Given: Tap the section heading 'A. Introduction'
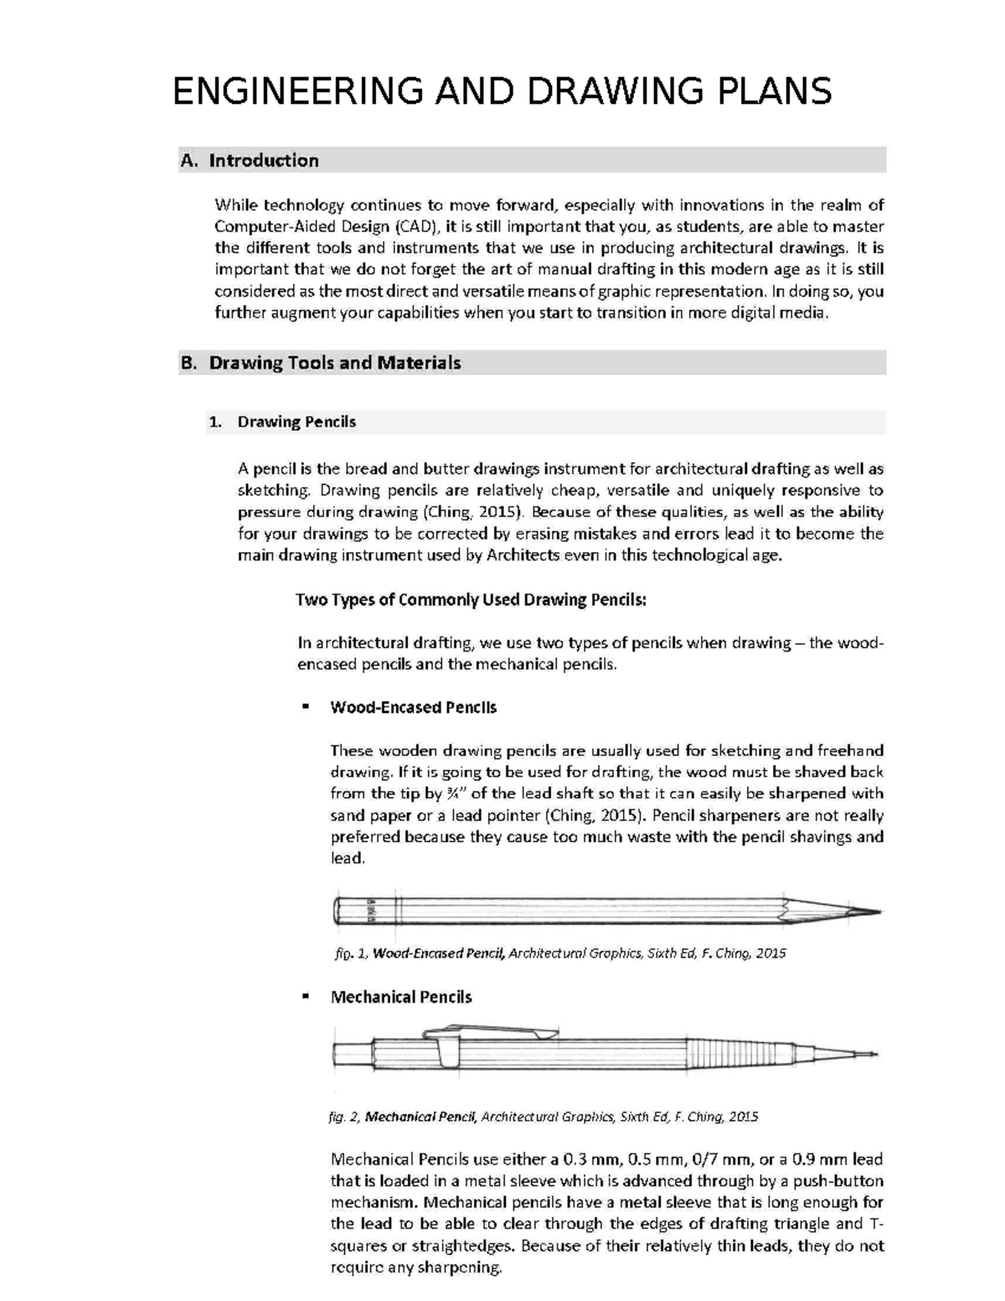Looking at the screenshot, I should [250, 160].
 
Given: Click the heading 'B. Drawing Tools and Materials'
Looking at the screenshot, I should [321, 363].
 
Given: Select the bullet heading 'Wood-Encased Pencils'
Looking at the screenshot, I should [414, 707].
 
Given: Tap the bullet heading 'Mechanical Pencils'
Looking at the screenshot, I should [401, 997].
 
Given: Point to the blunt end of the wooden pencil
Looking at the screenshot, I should [339, 911].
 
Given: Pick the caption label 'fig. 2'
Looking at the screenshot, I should [345, 1117].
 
